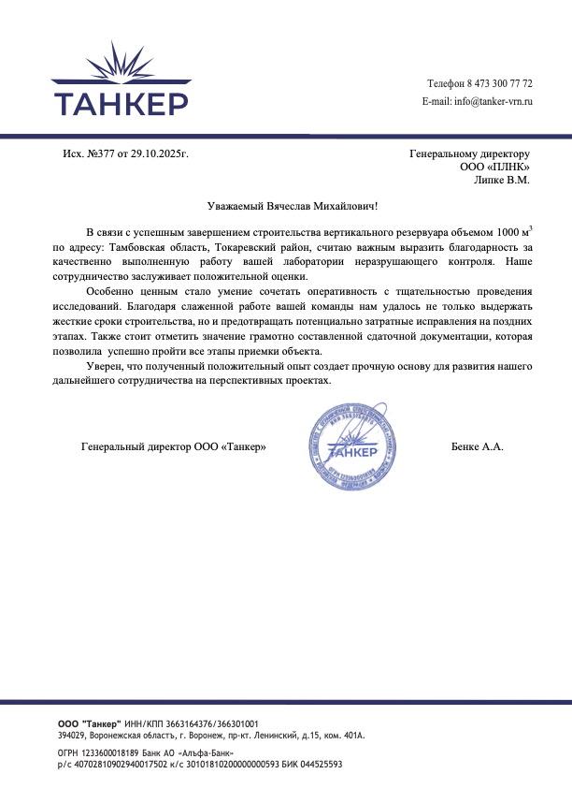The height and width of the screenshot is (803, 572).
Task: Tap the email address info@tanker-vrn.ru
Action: click(x=493, y=101)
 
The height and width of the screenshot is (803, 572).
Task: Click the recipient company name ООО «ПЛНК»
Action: click(x=494, y=166)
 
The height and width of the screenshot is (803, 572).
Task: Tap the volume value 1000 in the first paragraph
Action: click(x=509, y=231)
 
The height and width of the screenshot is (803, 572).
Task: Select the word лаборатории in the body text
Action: click(x=307, y=262)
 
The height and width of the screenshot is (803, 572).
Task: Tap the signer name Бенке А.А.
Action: click(x=477, y=447)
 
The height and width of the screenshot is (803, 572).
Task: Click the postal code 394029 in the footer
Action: click(x=71, y=736)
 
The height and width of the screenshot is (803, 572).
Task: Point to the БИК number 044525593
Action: click(x=321, y=764)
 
